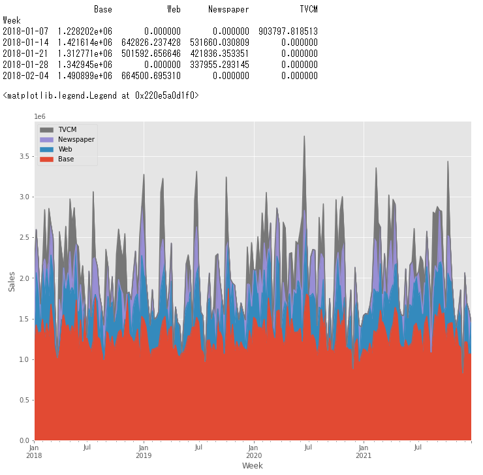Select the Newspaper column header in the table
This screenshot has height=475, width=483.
[228, 9]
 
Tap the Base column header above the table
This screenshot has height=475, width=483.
[102, 9]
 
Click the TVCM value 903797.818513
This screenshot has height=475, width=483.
[288, 31]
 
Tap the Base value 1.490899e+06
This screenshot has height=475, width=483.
[84, 76]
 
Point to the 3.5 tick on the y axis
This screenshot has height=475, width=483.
[23, 157]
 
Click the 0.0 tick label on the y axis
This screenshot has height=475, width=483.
[23, 440]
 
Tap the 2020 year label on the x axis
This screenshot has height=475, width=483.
[254, 455]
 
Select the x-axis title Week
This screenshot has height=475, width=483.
[253, 466]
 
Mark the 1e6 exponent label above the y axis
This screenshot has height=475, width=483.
[40, 116]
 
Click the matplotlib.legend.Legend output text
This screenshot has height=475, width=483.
[101, 96]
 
